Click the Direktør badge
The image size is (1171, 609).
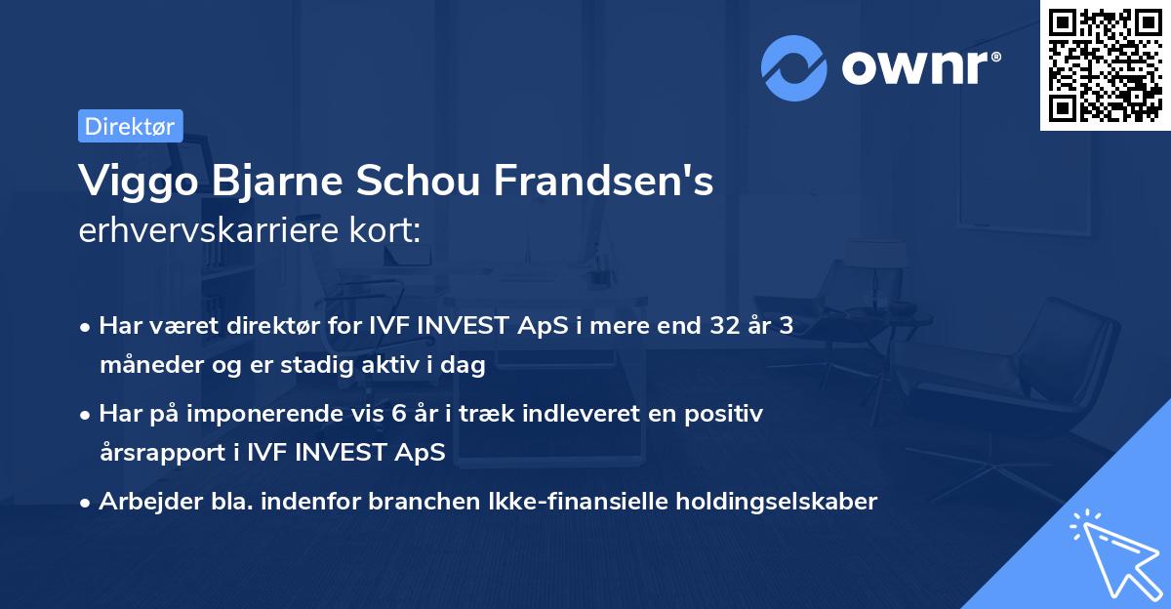[x=130, y=126]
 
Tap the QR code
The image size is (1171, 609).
[x=1105, y=64]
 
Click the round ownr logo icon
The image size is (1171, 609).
[x=794, y=68]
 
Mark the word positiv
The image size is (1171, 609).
[x=727, y=414]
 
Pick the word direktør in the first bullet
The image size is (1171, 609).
[x=264, y=326]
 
